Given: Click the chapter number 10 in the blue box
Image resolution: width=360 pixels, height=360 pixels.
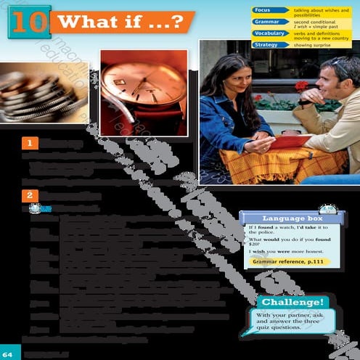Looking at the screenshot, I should [28, 21].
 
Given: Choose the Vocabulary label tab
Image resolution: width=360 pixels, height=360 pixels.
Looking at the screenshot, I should [270, 33].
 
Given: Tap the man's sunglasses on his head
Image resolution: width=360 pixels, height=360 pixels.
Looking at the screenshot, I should [340, 67].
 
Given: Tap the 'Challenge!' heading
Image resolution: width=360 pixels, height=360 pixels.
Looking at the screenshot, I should [292, 302].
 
